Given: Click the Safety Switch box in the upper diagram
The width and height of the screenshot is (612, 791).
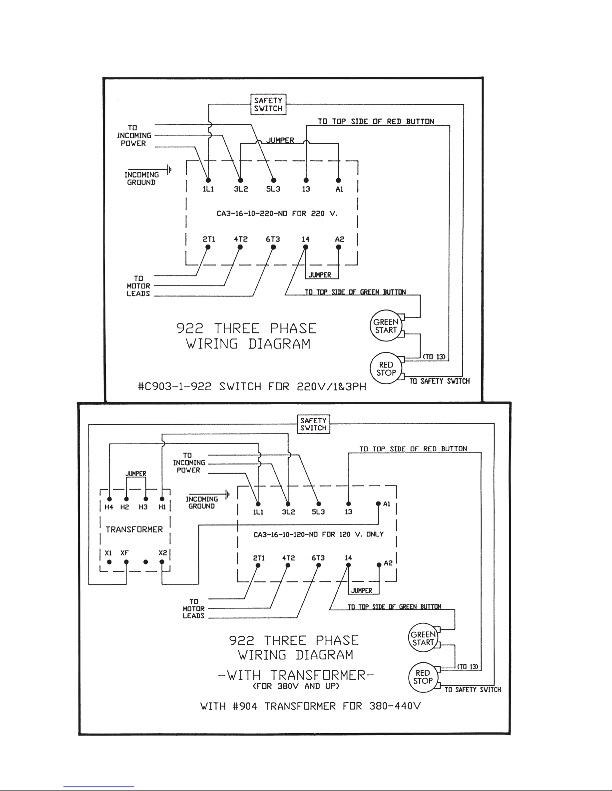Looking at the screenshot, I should [x=268, y=104].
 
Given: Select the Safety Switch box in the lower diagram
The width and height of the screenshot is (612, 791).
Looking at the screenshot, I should [x=313, y=424].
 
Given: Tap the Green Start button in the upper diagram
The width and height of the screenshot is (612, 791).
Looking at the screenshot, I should [x=386, y=326].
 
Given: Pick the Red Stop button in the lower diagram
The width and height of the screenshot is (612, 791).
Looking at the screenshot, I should [x=423, y=677].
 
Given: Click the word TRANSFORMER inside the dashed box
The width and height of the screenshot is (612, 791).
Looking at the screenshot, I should [x=134, y=529].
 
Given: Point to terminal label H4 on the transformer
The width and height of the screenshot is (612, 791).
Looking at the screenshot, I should [x=108, y=507].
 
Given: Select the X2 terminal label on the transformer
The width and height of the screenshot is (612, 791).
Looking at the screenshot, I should [x=162, y=553].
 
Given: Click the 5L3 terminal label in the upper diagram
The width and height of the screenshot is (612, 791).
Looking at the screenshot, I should [x=273, y=190].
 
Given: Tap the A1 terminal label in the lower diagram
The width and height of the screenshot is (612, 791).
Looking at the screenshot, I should [x=387, y=504].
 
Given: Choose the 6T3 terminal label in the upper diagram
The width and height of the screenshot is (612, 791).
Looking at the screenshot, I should [x=273, y=240].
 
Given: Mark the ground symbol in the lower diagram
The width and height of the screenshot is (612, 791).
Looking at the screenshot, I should [x=227, y=495].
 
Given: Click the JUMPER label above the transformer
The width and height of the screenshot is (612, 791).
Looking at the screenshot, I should [x=136, y=474].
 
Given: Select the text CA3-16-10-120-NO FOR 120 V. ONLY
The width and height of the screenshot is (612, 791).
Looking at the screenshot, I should [x=318, y=534].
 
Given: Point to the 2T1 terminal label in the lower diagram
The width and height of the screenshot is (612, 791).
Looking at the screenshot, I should [x=258, y=558].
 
